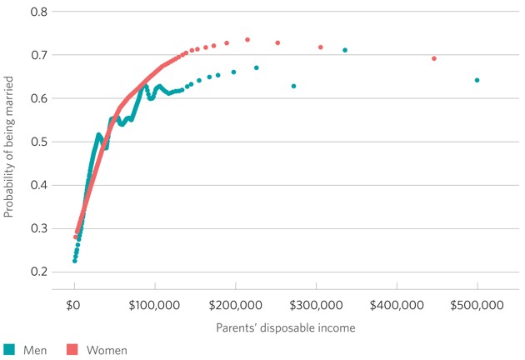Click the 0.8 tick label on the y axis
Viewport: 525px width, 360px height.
(38, 12)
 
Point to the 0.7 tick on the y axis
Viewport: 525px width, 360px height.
(38, 55)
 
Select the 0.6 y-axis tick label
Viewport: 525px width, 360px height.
(38, 98)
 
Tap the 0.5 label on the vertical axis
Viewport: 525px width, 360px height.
(38, 142)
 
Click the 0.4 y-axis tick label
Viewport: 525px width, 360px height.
(38, 185)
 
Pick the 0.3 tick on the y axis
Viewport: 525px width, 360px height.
(38, 228)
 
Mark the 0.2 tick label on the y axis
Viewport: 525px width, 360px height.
(38, 272)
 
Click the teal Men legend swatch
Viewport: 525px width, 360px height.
(9, 350)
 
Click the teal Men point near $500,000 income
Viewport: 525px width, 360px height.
(477, 81)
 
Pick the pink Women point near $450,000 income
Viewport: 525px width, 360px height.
(434, 58)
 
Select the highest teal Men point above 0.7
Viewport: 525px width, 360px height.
(345, 50)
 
